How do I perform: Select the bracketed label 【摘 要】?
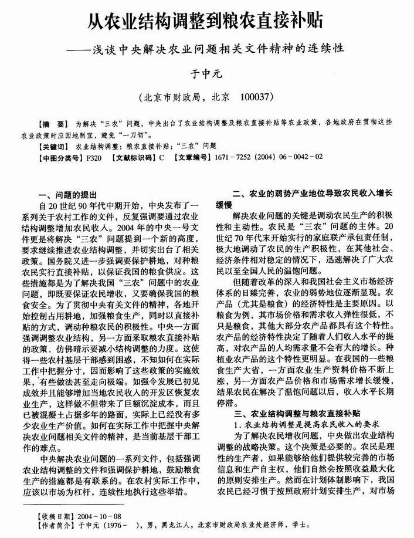pyautogui.click(x=52, y=125)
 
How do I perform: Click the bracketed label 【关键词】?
pyautogui.click(x=53, y=147)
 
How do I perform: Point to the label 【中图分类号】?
pyautogui.click(x=59, y=158)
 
